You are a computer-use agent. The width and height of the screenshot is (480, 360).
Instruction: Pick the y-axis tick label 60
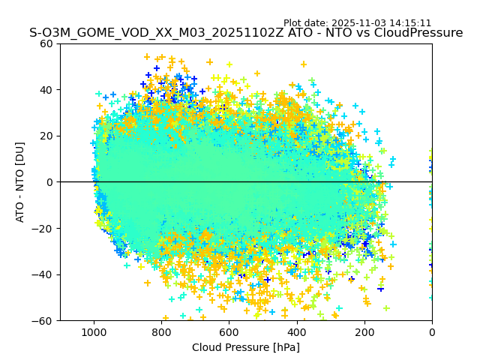tap(46, 43)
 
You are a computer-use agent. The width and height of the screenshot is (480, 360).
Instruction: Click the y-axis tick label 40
tap(46, 90)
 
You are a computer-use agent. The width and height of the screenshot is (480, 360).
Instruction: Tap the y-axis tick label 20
tap(46, 136)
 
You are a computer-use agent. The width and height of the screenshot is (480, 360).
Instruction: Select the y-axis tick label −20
tap(43, 229)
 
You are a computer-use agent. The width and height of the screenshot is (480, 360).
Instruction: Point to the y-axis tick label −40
tap(43, 274)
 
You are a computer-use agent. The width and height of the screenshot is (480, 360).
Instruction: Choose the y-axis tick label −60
tap(43, 321)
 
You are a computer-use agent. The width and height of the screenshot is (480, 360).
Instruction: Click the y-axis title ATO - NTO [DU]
tap(21, 181)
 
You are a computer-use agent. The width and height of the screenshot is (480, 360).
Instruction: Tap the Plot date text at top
tap(357, 23)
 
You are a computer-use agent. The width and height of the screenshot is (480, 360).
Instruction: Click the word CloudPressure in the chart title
tap(418, 33)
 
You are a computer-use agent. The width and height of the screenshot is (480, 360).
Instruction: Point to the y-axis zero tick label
tap(49, 182)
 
